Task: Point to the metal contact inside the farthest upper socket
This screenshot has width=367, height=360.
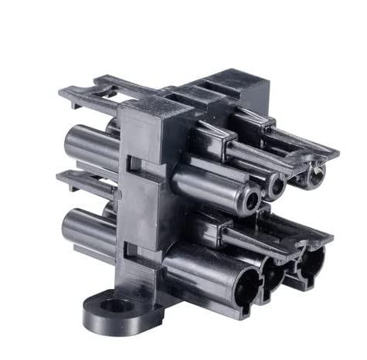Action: [312, 176]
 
